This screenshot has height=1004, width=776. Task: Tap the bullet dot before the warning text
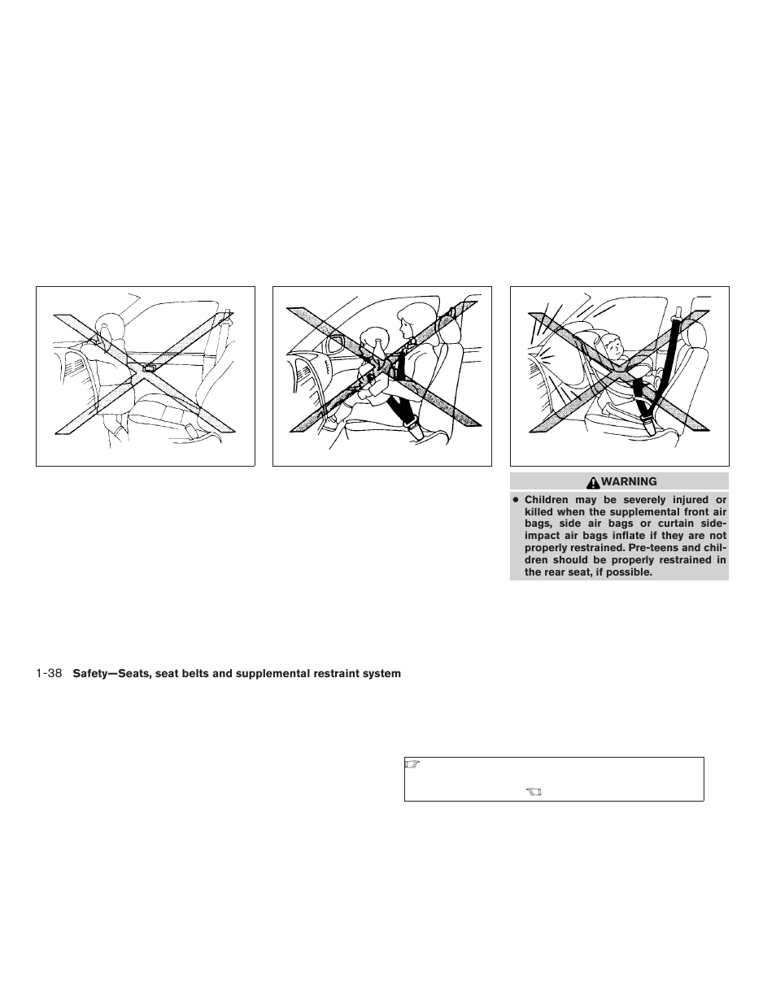[516, 500]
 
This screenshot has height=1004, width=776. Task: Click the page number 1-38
[50, 673]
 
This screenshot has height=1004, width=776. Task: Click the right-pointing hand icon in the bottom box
[412, 764]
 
